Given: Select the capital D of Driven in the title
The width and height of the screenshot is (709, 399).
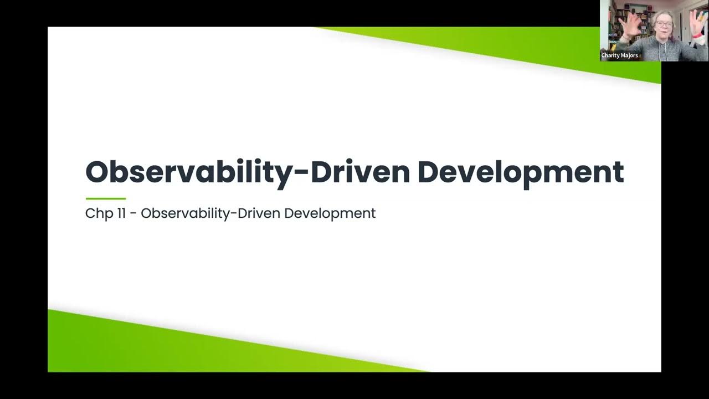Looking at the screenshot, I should [322, 172].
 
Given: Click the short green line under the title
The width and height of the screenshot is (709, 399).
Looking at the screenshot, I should [106, 198].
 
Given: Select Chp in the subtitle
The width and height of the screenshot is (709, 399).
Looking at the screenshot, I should [97, 213].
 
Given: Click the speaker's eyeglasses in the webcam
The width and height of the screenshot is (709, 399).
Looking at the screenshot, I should [663, 24].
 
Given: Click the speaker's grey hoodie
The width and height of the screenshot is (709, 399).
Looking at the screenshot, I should [665, 50].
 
